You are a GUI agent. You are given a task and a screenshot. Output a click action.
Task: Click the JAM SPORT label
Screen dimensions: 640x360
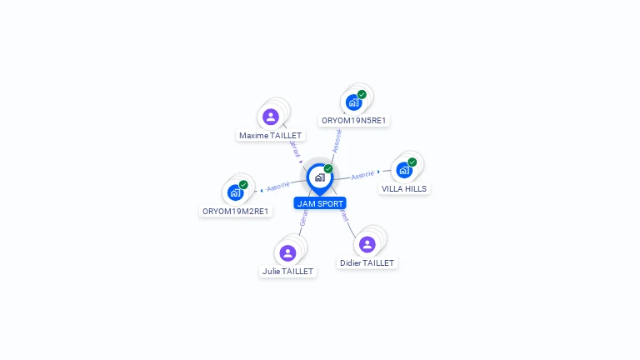(320, 203)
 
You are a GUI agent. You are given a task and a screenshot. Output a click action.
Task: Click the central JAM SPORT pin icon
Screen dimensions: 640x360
(319, 177)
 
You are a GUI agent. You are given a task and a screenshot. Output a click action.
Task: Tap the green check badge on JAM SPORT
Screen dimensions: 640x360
(328, 168)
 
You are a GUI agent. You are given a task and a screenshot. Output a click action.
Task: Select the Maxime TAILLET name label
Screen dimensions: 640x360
(270, 135)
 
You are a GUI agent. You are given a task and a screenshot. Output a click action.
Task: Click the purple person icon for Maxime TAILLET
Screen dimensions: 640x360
(270, 117)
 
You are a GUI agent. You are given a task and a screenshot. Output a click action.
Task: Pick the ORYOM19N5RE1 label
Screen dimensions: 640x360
(355, 120)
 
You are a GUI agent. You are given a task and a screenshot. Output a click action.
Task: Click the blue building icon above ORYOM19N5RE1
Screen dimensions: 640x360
(353, 102)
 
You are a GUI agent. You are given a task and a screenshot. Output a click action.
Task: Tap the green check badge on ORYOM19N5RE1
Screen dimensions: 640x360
(362, 94)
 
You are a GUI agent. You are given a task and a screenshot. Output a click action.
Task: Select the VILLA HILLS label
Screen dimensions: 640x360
(404, 188)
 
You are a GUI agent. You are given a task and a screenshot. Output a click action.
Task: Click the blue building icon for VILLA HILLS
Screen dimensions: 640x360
(404, 170)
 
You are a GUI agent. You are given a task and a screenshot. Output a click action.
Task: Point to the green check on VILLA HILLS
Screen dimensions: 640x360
(412, 162)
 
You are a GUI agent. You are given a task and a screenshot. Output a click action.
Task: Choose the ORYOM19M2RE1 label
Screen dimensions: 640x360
(236, 211)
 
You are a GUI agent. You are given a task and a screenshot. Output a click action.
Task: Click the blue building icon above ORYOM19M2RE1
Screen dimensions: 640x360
(235, 192)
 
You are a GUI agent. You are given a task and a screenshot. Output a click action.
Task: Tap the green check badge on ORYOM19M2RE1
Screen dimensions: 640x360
(243, 184)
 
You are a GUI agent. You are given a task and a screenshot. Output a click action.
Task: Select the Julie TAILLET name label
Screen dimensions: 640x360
(287, 271)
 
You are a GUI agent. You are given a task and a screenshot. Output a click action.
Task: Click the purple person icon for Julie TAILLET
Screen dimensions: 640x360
(287, 252)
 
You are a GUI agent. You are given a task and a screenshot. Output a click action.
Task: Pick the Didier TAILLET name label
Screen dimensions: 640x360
(367, 262)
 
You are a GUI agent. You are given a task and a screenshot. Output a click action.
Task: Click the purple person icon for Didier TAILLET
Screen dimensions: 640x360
(367, 244)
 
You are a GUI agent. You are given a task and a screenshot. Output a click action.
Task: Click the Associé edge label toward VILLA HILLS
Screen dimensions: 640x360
(362, 175)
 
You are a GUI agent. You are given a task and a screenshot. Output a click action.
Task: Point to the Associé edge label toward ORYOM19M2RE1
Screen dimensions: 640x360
(278, 186)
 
